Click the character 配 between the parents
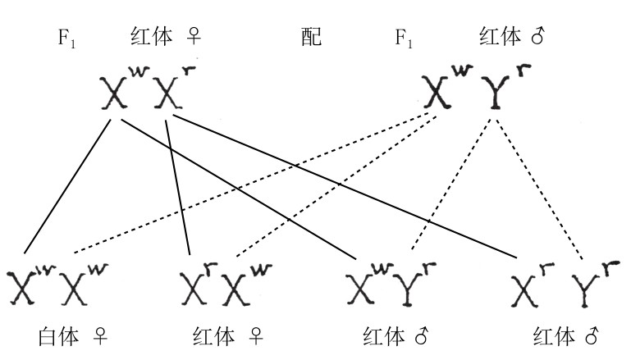tap(311, 36)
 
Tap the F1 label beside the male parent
tap(402, 38)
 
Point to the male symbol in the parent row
tap(539, 37)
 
